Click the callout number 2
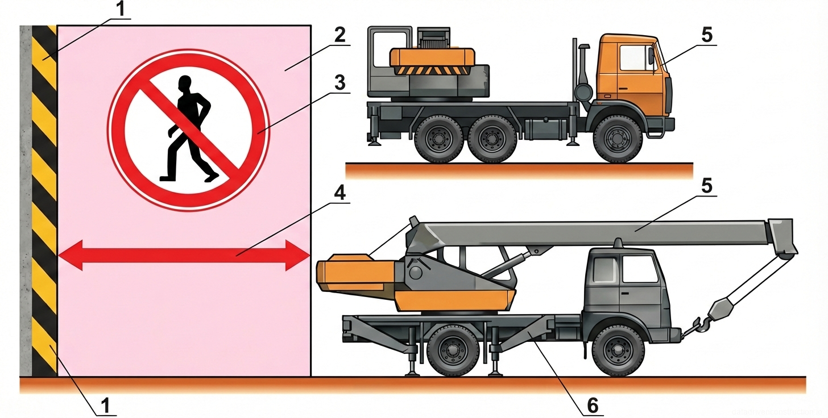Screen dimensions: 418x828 [340, 36]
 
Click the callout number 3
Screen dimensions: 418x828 [340, 83]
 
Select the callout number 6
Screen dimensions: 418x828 [592, 405]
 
